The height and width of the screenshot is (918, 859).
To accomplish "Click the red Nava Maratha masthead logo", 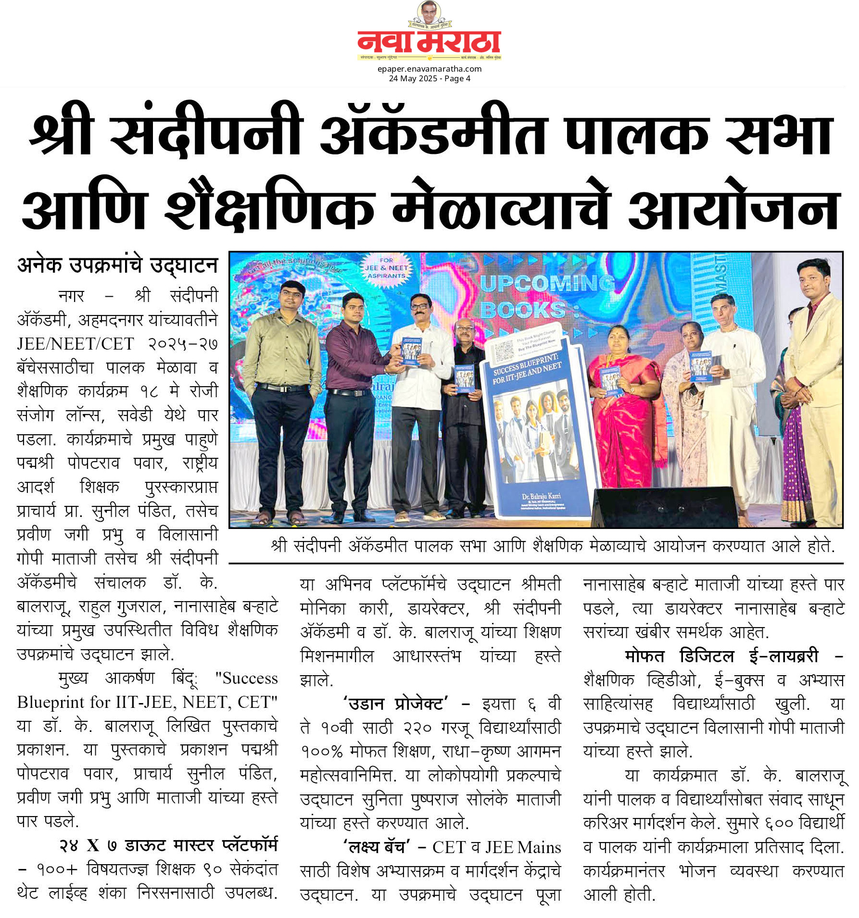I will click(x=429, y=42).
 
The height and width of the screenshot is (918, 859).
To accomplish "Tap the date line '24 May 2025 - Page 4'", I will click(x=429, y=78).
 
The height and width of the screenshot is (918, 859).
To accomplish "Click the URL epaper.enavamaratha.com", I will click(x=429, y=69).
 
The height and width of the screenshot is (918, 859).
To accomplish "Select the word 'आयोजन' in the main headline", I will click(x=734, y=208).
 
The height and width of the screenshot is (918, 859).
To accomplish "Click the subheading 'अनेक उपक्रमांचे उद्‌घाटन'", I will click(x=118, y=265).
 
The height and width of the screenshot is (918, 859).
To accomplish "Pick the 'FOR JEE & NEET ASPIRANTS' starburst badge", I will click(x=386, y=268).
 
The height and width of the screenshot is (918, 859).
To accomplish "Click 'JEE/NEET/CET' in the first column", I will click(x=76, y=344).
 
